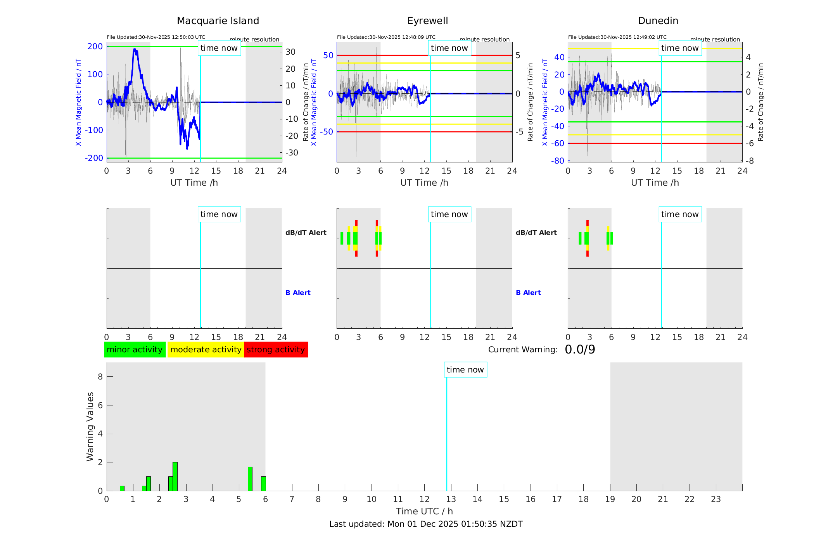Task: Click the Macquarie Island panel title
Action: (218, 21)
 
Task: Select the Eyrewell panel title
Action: (427, 21)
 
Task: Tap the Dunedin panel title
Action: (658, 21)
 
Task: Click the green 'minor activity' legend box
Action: (135, 350)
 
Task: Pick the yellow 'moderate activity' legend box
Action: (206, 350)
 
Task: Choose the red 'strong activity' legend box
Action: (276, 350)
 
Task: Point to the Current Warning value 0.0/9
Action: (580, 350)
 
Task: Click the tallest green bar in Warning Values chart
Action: (175, 476)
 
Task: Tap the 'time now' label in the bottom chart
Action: (465, 370)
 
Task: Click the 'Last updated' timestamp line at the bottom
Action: (426, 524)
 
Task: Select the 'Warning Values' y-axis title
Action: (90, 426)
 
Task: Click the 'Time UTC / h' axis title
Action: (424, 511)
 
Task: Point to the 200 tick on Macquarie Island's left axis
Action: (95, 47)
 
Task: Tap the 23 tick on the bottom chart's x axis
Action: (716, 499)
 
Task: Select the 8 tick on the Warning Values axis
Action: (100, 376)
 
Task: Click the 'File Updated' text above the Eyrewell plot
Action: (386, 37)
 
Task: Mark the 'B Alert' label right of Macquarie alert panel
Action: (298, 293)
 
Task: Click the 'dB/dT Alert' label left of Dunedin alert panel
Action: (536, 233)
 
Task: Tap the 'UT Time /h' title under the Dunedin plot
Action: (655, 183)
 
